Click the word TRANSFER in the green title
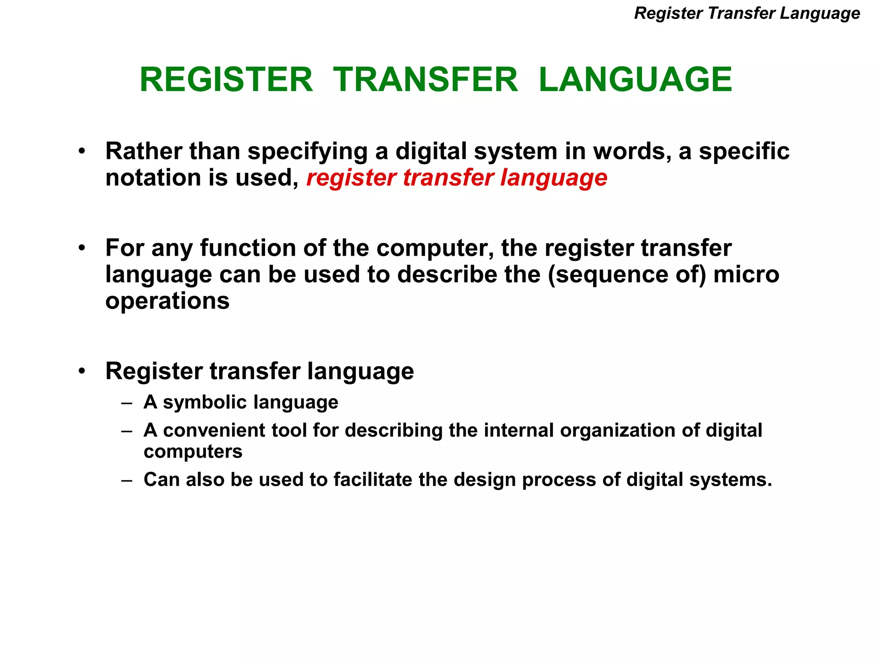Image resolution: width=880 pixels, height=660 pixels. click(425, 80)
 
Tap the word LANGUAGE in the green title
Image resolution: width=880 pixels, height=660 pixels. click(635, 80)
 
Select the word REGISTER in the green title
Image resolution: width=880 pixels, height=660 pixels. click(226, 80)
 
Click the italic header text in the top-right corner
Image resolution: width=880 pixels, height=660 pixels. click(747, 13)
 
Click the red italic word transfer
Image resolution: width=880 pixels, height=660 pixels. click(448, 177)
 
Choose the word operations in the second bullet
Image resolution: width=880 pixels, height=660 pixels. click(168, 301)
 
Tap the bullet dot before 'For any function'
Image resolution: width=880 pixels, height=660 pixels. click(82, 248)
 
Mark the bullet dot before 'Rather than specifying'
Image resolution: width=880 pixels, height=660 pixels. click(82, 151)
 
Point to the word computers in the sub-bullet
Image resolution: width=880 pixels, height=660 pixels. click(193, 452)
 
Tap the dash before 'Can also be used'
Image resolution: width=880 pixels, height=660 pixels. click(127, 480)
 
